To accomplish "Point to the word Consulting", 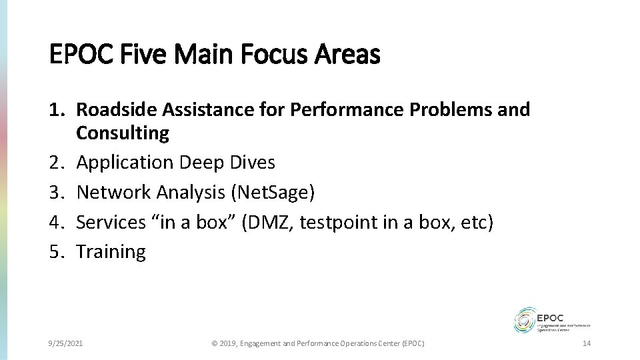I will [x=123, y=133].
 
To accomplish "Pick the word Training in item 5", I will [x=111, y=251].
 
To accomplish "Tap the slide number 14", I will [x=587, y=343].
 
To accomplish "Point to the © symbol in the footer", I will [x=215, y=343].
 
